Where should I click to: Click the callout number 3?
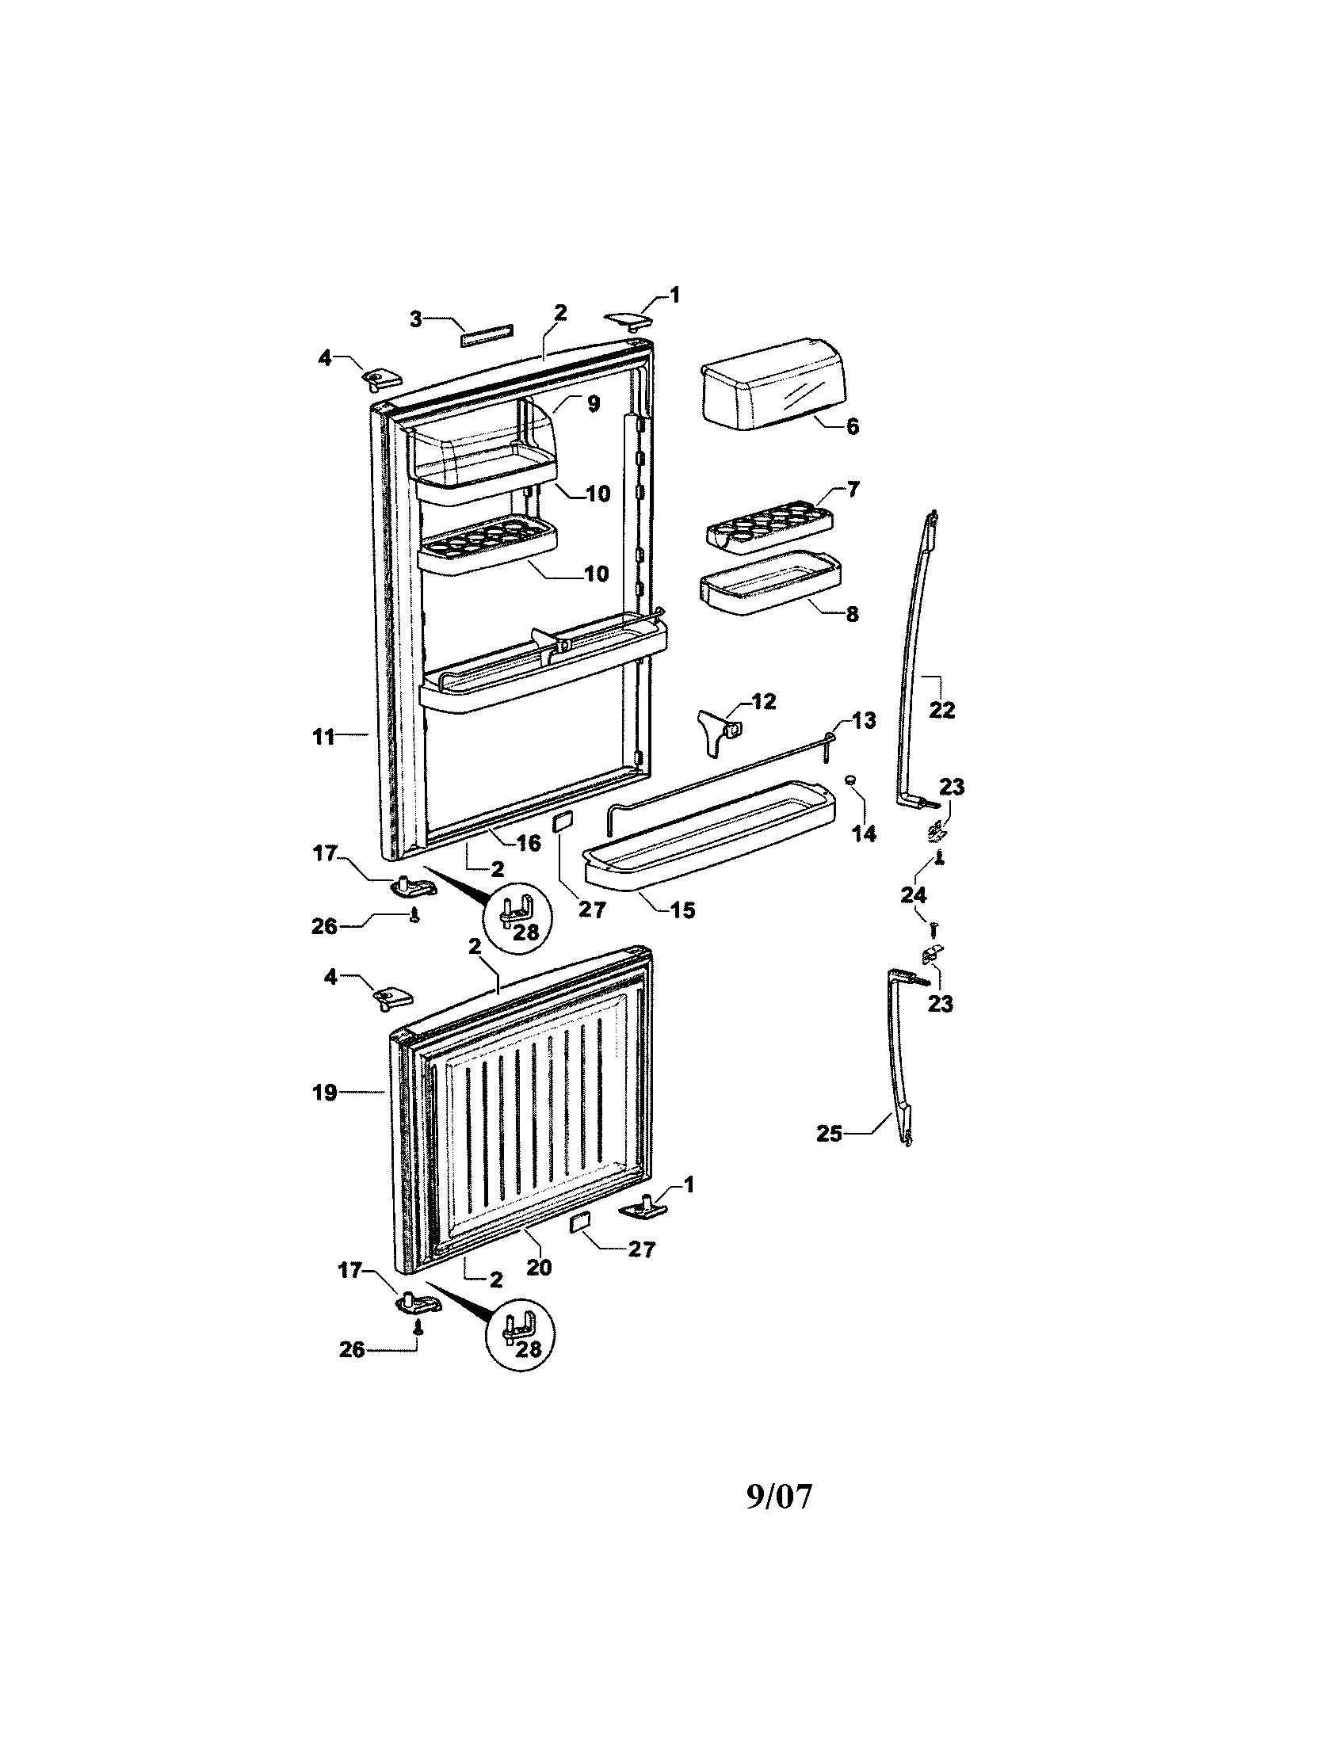point(416,319)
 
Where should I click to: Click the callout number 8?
point(853,614)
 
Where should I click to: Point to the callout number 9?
point(593,404)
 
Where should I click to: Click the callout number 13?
point(864,720)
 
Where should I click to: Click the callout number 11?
point(323,737)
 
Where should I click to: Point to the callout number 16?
point(529,842)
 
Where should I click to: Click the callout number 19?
point(325,1092)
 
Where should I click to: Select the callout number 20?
point(540,1267)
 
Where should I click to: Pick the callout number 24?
point(913,894)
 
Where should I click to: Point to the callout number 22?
point(941,710)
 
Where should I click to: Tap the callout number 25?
point(829,1132)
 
